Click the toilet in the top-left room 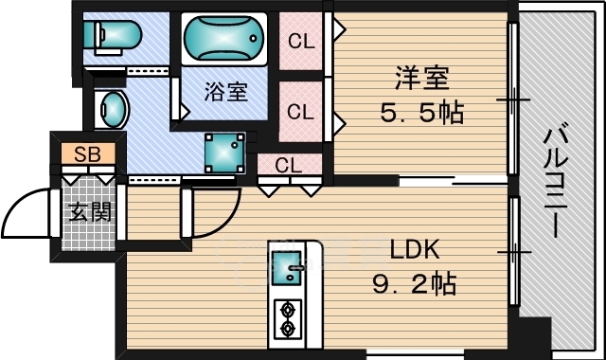[112, 36]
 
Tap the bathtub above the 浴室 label [224, 39]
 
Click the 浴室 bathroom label [225, 92]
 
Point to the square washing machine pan [225, 153]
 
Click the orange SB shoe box [88, 153]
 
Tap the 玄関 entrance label [90, 212]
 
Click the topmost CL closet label [301, 41]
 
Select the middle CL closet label [301, 112]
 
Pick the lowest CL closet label [288, 166]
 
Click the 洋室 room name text [421, 78]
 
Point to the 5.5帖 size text [421, 112]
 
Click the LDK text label [415, 250]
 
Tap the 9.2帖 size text [414, 283]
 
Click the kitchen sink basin [287, 268]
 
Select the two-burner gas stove [288, 319]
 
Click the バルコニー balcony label [556, 179]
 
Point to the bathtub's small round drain [253, 38]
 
